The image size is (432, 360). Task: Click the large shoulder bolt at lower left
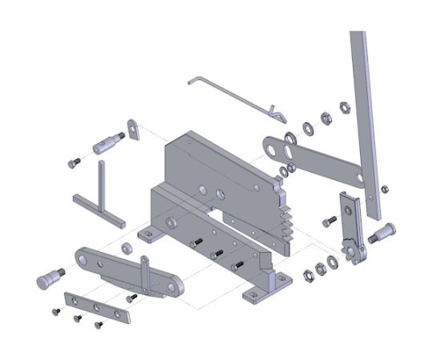tap(51, 278)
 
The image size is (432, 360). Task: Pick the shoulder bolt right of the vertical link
tap(382, 233)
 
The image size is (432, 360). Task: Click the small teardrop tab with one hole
tap(133, 129)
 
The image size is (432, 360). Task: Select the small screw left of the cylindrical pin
tap(74, 162)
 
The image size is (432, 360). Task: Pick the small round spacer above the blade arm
tap(126, 245)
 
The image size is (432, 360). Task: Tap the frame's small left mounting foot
tap(150, 234)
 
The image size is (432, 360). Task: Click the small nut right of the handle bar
tap(385, 189)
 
